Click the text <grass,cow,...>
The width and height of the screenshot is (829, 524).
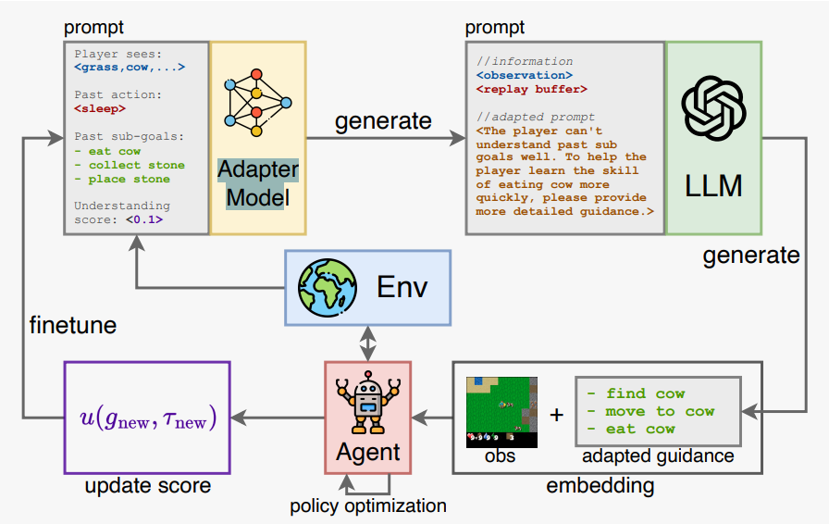(x=130, y=67)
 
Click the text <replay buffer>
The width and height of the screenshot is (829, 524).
(x=531, y=89)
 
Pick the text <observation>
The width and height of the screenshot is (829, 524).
(x=524, y=75)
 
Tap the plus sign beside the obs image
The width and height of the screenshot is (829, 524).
(x=556, y=414)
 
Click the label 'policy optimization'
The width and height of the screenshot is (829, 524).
(x=368, y=505)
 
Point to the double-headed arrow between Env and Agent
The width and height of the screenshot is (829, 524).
(x=368, y=345)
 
